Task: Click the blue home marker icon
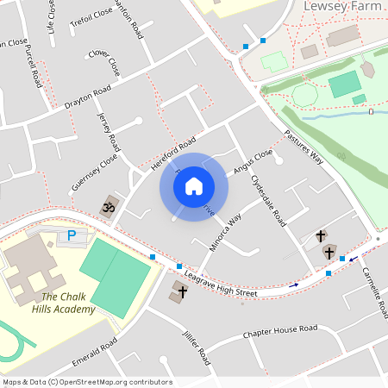[194, 185]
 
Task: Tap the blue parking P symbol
[72, 235]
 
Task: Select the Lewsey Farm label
[342, 7]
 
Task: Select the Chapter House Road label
[280, 330]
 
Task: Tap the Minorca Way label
[226, 233]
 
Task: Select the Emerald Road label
[95, 357]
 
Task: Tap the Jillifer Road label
[197, 347]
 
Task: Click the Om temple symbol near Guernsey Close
[110, 207]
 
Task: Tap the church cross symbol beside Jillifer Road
[181, 291]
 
